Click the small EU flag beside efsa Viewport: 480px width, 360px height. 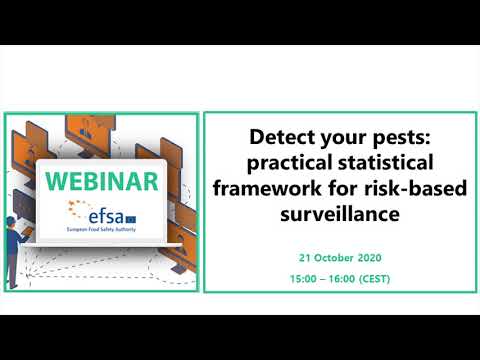138,210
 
